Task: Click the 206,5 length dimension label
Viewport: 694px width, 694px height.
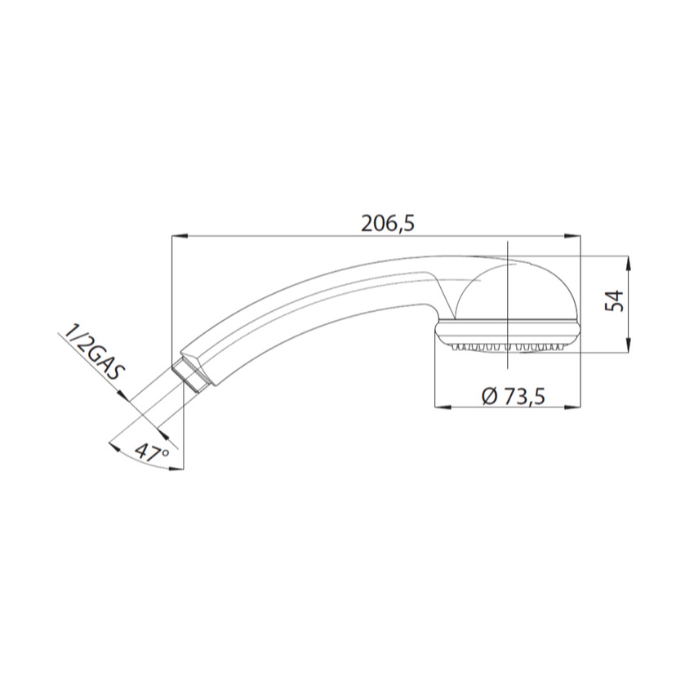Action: coord(388,224)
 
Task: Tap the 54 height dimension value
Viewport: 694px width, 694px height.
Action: coord(614,301)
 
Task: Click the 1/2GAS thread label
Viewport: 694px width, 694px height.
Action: coord(93,354)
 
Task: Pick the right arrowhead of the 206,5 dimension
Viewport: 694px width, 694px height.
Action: coord(574,236)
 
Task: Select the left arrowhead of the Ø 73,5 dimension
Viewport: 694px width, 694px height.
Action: coord(443,407)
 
